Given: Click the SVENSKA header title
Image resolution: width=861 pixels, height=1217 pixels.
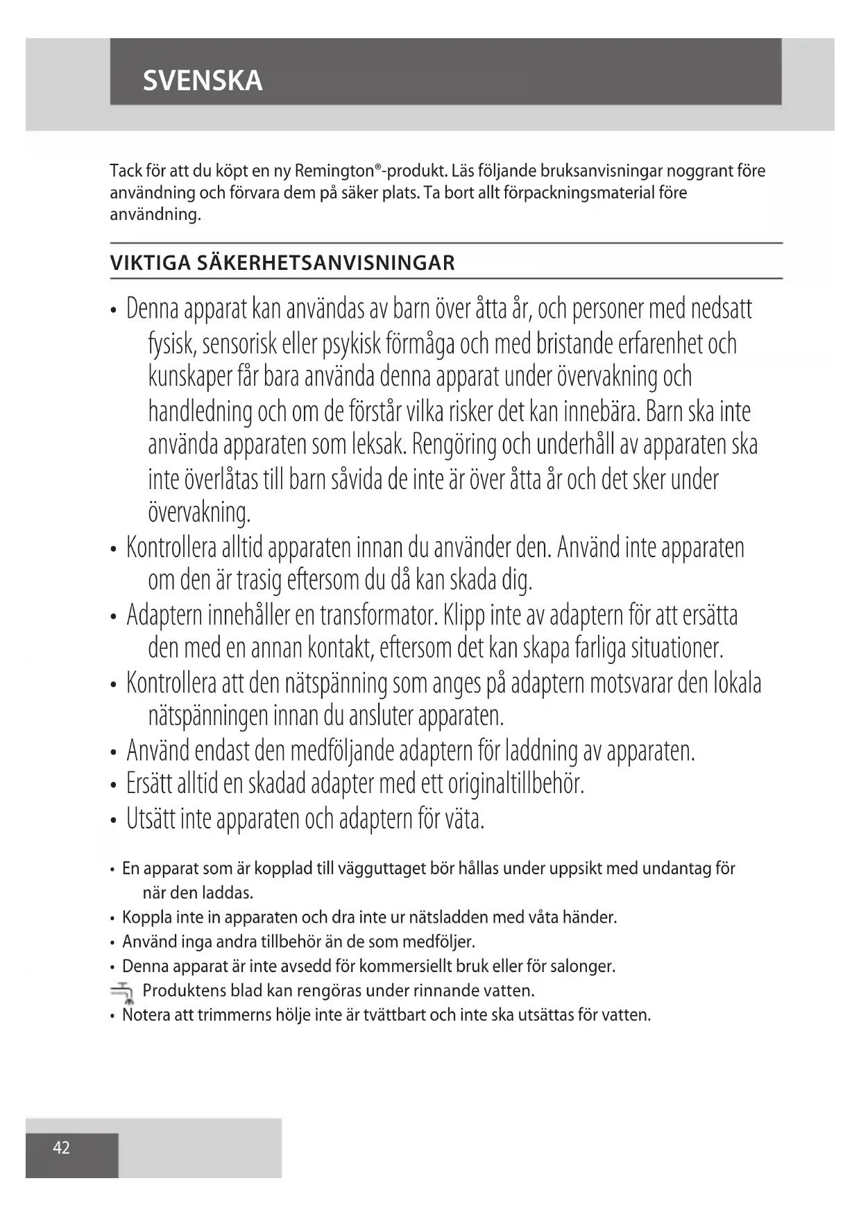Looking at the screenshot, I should (203, 80).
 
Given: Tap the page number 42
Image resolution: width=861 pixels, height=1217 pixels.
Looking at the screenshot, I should (62, 1148).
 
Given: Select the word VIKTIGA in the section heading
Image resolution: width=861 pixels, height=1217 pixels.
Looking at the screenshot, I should (150, 263).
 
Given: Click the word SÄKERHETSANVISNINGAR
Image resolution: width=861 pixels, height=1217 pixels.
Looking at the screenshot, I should (326, 263).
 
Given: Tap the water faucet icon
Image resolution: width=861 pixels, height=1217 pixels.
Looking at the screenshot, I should (122, 992).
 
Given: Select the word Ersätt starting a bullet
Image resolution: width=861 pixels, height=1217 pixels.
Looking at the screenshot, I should (149, 784).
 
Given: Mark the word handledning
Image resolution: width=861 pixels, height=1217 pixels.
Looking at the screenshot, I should (201, 412).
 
